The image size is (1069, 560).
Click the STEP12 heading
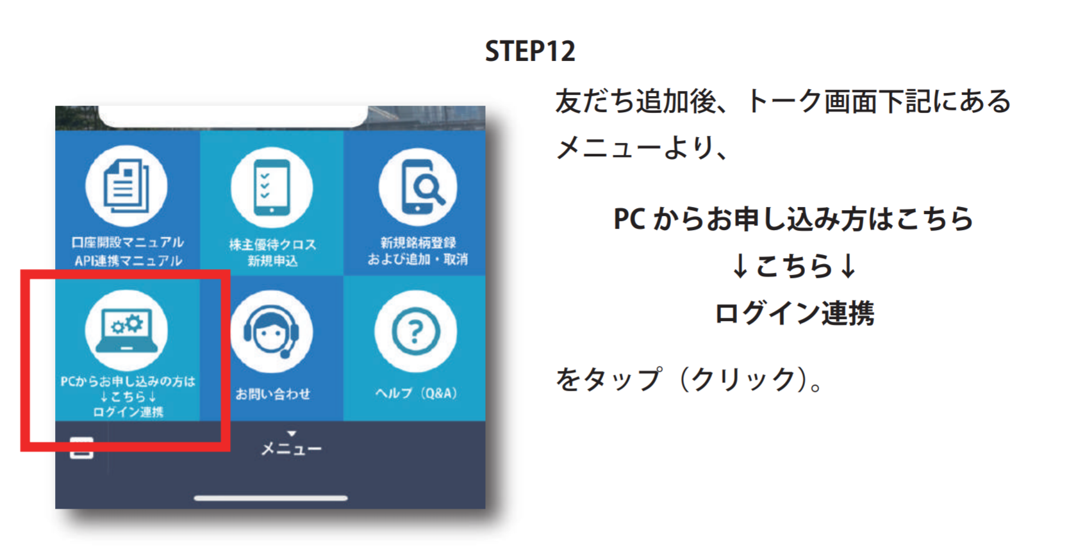[530, 51]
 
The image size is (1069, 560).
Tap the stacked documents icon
[126, 186]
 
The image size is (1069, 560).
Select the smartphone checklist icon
[272, 188]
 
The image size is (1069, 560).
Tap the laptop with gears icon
[126, 331]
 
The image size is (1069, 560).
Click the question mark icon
[416, 331]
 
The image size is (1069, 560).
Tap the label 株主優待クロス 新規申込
[272, 252]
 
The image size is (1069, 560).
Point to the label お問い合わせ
[272, 393]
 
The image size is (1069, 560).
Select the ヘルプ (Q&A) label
[416, 393]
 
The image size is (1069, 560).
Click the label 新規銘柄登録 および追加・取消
[418, 251]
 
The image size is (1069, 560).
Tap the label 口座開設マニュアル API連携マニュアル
[128, 251]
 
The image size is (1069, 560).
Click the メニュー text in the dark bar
[291, 449]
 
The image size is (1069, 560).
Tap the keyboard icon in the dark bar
[81, 447]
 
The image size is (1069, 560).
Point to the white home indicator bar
[270, 498]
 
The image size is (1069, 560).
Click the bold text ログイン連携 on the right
[794, 313]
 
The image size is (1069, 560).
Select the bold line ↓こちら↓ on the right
[794, 266]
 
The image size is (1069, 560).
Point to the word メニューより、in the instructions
[642, 147]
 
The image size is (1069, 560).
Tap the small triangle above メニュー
[292, 433]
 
